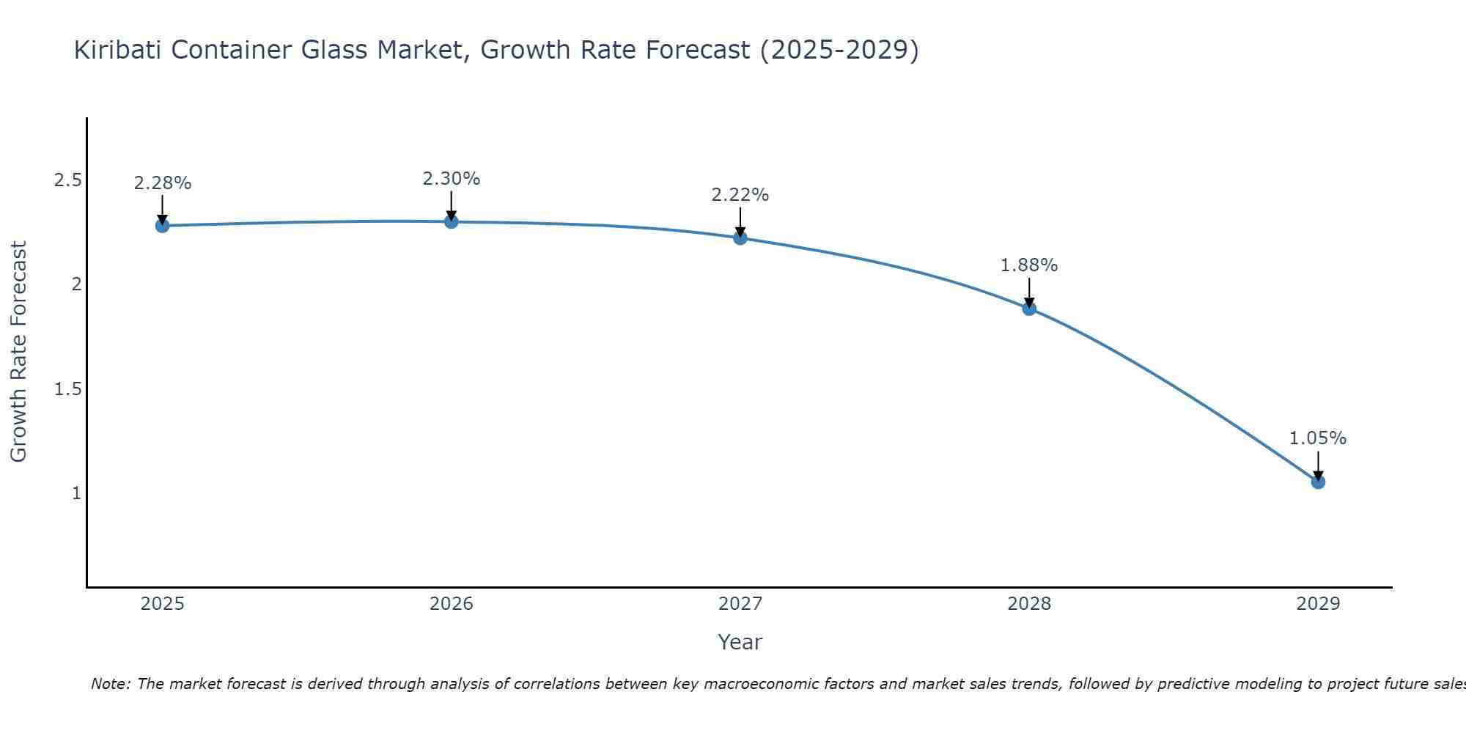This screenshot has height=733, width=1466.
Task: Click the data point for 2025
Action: click(163, 226)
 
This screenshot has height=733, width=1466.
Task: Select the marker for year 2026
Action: click(452, 221)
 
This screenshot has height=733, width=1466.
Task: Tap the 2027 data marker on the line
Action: click(740, 238)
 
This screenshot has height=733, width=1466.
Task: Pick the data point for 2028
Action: click(1029, 309)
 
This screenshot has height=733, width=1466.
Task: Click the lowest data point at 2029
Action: click(1318, 482)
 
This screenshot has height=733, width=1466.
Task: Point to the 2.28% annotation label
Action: click(163, 183)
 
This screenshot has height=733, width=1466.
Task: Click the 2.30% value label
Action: click(452, 179)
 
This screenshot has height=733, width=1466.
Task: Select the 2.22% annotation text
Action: click(740, 195)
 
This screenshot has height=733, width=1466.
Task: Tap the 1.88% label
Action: click(1029, 265)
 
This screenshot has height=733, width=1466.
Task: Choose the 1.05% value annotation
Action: click(1318, 438)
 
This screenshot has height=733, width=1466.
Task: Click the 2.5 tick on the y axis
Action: click(67, 180)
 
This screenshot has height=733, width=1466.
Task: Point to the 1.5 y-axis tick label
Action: click(67, 388)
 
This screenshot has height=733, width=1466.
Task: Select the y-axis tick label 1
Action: click(76, 493)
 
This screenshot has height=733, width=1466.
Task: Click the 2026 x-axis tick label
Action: click(452, 604)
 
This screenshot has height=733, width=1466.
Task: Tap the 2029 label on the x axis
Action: click(1318, 604)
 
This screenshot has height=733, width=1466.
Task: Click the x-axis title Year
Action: click(740, 642)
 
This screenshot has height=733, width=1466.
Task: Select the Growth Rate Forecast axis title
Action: click(18, 352)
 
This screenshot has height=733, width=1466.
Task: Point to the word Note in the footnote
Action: click(110, 684)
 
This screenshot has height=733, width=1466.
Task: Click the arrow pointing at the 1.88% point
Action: click(1029, 292)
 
